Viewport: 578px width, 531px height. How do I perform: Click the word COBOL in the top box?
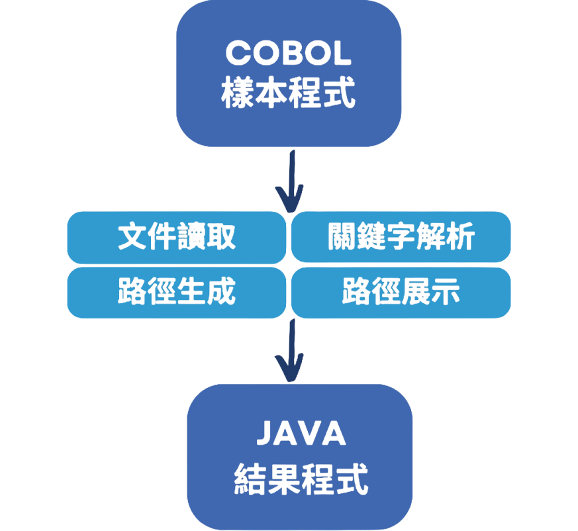pyautogui.click(x=288, y=54)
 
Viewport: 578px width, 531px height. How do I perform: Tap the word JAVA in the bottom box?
pyautogui.click(x=301, y=434)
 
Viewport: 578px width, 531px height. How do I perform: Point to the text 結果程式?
pyautogui.click(x=301, y=478)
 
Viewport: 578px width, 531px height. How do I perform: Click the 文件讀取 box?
pyautogui.click(x=177, y=237)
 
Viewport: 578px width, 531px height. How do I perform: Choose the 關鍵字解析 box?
pyautogui.click(x=401, y=237)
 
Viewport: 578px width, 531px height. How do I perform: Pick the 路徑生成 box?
pyautogui.click(x=177, y=292)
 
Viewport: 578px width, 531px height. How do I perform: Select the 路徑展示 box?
pyautogui.click(x=401, y=292)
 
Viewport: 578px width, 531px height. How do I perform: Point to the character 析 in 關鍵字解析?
pyautogui.click(x=461, y=237)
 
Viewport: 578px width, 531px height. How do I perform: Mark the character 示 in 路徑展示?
pyautogui.click(x=446, y=292)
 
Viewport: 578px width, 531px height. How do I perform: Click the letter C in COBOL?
pyautogui.click(x=239, y=54)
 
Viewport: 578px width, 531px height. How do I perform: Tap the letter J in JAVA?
pyautogui.click(x=265, y=434)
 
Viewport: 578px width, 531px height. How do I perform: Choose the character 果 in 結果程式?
pyautogui.click(x=285, y=478)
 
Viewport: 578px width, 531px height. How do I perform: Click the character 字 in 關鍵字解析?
pyautogui.click(x=401, y=237)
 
